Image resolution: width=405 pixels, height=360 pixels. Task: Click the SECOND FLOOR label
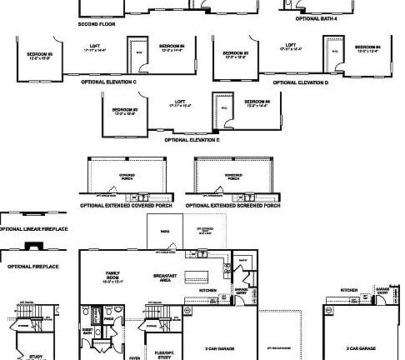click(96, 24)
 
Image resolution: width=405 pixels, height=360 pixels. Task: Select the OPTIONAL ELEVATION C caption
click(108, 82)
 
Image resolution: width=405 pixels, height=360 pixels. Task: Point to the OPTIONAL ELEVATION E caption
click(192, 141)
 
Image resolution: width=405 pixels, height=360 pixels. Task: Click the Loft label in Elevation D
click(290, 47)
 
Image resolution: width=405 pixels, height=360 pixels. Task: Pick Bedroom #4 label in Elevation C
click(171, 47)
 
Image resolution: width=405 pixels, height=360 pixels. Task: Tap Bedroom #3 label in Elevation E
click(125, 111)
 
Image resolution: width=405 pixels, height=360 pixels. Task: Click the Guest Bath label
click(86, 329)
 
